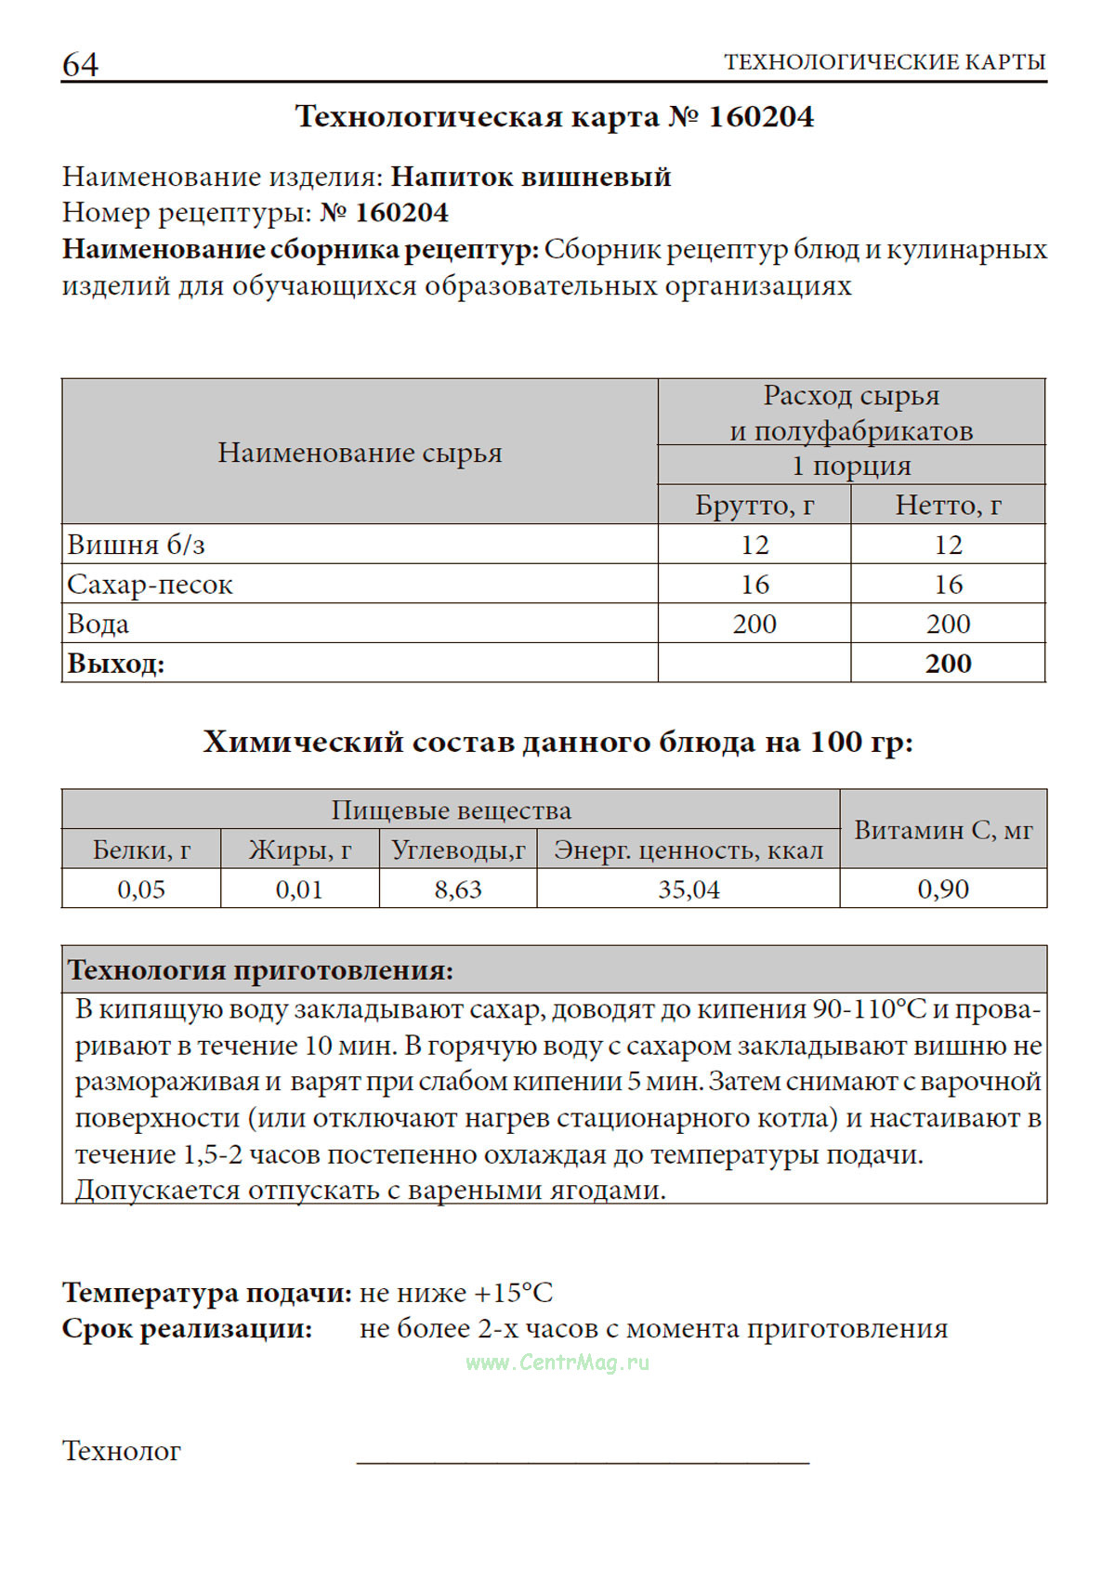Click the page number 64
(80, 64)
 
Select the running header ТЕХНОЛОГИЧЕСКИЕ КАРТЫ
(885, 62)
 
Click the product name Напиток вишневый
(531, 177)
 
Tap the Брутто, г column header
(754, 505)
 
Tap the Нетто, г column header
(948, 505)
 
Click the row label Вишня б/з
(136, 545)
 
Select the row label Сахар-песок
(150, 585)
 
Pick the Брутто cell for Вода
(754, 624)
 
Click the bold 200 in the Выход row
(948, 664)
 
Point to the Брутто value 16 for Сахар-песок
(754, 585)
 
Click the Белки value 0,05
(141, 889)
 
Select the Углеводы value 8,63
(458, 889)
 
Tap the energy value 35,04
(689, 889)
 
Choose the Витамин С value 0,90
(943, 889)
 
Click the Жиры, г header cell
(300, 849)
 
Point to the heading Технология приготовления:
(261, 970)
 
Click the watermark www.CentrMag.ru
(557, 1363)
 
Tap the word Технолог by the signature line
(122, 1451)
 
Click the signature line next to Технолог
(583, 1461)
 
